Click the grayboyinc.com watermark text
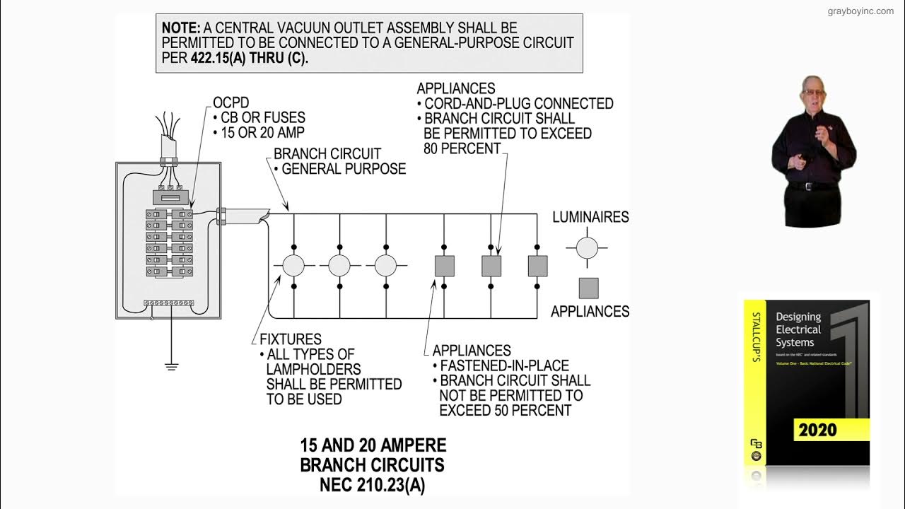coord(860,11)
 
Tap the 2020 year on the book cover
coord(818,430)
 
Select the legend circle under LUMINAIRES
coord(586,248)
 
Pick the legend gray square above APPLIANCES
coord(588,288)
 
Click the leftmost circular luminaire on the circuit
coord(293,266)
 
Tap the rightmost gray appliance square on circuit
coord(537,266)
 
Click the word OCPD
coord(231,103)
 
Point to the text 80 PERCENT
coord(462,148)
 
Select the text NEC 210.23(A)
coord(373,486)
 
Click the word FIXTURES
coord(291,339)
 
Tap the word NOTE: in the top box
coord(181,28)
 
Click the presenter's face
coord(812,92)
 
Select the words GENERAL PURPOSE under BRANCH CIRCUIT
coord(344,169)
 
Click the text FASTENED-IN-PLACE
coord(504,365)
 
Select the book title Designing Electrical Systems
coord(798,329)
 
